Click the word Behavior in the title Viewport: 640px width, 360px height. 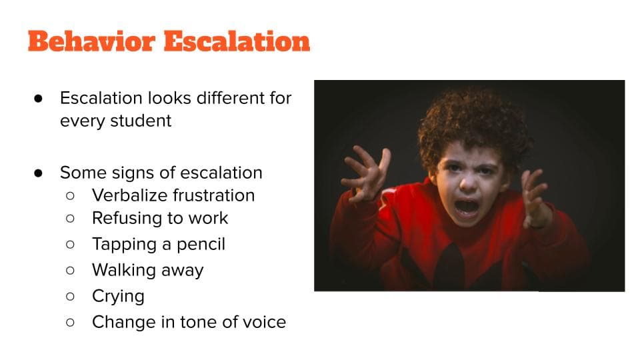coord(92,41)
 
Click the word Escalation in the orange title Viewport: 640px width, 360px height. coord(237,41)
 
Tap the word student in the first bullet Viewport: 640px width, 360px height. coord(141,121)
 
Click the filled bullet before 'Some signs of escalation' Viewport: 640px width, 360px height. coord(39,173)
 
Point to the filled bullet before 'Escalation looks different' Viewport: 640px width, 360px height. coord(39,99)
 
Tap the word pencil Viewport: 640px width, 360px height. coord(201,245)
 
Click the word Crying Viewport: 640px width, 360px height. coord(119,297)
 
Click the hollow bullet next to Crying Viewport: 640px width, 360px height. coord(70,296)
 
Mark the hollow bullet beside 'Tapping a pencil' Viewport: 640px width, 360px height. coord(70,245)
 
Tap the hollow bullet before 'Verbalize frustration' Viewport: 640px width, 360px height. coord(70,196)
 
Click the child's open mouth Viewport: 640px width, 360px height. coord(466,207)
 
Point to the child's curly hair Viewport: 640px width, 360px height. coord(473,123)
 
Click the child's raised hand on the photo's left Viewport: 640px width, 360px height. coord(365,173)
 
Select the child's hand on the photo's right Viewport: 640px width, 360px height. coord(535,198)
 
